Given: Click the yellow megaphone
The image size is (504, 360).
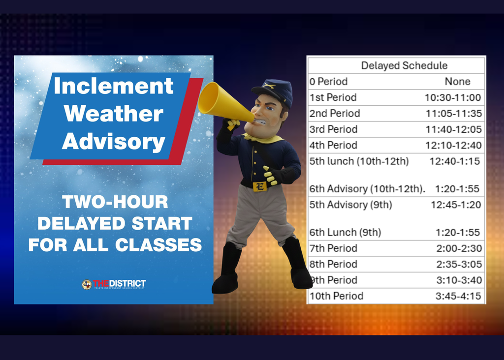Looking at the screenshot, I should (224, 102).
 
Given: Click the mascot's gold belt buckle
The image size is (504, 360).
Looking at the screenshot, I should (259, 186).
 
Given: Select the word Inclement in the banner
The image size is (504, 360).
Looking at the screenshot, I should (114, 86).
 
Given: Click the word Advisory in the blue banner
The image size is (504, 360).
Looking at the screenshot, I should (114, 142).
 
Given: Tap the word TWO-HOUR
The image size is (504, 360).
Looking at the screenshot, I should (115, 202).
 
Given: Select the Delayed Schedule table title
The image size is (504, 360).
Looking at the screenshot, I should (404, 65).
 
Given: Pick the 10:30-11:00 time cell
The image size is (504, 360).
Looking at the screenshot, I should (453, 97).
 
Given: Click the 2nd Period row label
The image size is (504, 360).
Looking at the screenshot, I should (335, 113).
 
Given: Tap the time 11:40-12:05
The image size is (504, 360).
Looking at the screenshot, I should (453, 129).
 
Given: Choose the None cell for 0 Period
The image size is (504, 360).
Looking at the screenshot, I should (457, 82).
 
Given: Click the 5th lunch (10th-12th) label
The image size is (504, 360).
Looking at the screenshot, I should (359, 161).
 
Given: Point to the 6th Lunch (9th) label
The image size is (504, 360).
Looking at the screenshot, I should (345, 232).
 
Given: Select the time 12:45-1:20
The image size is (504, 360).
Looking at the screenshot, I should (456, 205).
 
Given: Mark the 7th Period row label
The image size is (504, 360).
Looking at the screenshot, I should (333, 248).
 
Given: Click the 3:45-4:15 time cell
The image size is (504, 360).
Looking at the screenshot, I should (458, 296).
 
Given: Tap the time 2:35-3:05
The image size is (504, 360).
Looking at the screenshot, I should (458, 264).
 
